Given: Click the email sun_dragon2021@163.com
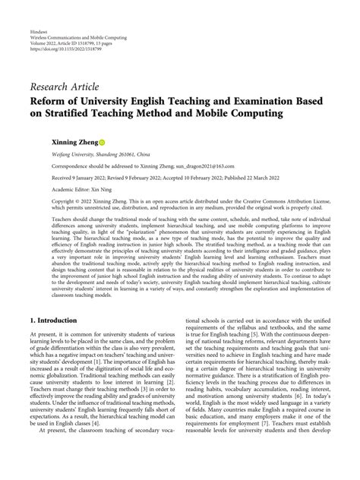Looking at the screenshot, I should tap(204, 166).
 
